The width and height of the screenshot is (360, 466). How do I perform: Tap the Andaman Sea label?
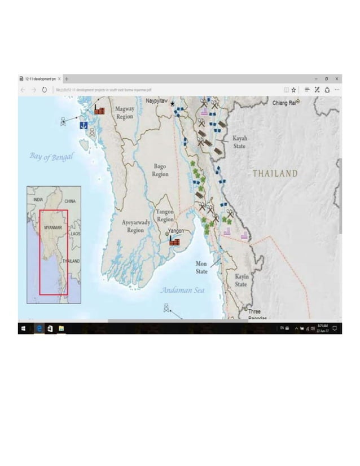182,290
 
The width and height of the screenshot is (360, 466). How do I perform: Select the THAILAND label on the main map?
275,173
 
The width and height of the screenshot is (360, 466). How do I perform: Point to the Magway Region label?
125,112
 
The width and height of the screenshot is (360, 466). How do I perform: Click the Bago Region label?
160,170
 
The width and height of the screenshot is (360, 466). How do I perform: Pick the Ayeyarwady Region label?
135,226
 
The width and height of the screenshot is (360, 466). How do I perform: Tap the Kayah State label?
240,142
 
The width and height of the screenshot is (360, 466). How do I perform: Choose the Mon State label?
201,267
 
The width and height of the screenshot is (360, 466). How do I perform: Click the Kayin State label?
241,280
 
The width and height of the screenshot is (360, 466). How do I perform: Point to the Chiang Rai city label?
284,103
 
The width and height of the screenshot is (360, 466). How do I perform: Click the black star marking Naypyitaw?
172,104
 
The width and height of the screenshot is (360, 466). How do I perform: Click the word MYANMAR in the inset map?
52,227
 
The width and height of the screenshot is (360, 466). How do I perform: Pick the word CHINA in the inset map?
70,201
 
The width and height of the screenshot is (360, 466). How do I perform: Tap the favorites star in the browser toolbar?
293,89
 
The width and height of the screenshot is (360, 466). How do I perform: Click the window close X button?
337,78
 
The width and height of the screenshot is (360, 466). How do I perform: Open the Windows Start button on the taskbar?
23,328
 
